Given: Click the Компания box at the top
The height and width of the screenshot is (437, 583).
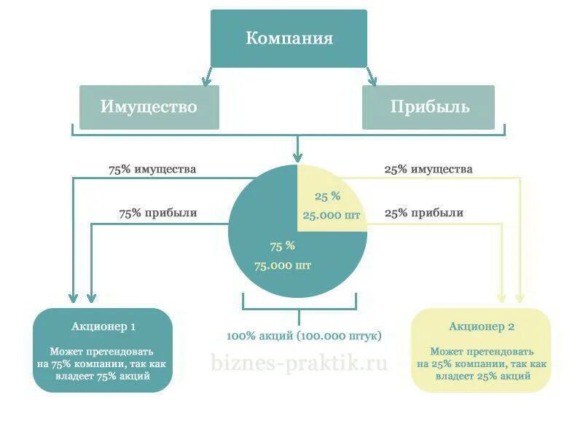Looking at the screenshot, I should (289, 38).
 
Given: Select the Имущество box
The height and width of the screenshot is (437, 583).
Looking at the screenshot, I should (149, 107).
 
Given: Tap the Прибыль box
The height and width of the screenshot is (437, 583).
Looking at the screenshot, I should (429, 107).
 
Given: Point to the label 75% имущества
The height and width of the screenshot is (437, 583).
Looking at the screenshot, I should (152, 169).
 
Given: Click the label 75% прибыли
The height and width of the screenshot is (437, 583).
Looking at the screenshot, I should (158, 213).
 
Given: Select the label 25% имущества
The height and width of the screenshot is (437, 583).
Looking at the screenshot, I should (429, 169).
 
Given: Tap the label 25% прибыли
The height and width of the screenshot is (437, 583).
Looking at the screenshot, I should (423, 213).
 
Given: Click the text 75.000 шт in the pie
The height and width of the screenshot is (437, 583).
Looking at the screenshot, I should (283, 265).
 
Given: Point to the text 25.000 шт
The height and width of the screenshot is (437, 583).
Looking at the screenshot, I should (332, 215).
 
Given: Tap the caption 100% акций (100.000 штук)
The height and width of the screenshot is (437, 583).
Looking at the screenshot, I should (304, 336).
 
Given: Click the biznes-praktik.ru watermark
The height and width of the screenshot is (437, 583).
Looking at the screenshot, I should (299, 362).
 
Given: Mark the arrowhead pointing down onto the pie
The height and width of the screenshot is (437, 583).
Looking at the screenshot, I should (297, 156).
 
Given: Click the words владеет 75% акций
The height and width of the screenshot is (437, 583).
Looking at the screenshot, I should (103, 377).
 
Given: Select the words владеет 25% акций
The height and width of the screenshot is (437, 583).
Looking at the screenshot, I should (482, 377).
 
